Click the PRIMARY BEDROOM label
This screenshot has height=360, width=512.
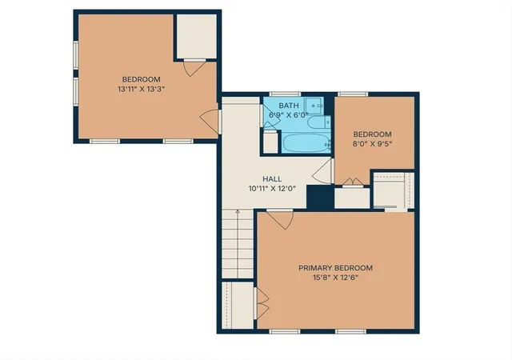pos(335,268)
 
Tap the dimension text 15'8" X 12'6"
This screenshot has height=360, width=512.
pos(335,278)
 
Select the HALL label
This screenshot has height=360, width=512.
pos(272,179)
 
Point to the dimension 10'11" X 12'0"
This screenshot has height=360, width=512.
pos(272,189)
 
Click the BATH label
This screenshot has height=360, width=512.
pos(289,106)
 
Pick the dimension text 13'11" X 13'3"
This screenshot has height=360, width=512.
pos(141,89)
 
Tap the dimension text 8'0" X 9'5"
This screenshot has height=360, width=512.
pos(372,144)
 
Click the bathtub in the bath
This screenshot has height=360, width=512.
pos(306,143)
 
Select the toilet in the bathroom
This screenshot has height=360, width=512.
pos(318,122)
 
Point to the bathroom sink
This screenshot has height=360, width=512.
pos(314,106)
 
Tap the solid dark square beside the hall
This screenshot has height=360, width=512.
pos(320,197)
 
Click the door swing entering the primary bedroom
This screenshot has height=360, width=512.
pos(280,219)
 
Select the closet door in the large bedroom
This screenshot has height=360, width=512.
pos(194,68)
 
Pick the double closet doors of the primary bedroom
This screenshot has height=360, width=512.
pos(262,303)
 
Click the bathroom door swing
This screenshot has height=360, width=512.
pos(270,117)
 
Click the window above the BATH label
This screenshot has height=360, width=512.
pos(285,94)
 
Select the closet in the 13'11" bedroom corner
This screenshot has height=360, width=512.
pos(197,36)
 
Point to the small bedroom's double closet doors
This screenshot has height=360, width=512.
pos(353,182)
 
